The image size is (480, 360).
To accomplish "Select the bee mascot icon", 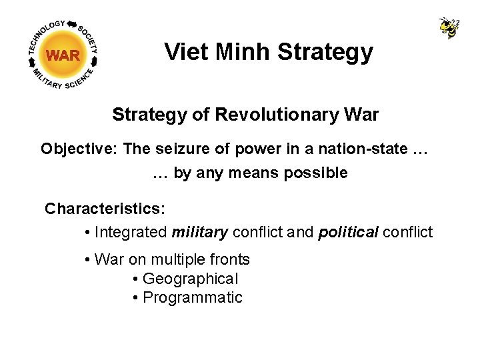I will [449, 27].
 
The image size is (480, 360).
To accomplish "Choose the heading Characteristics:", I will [105, 209].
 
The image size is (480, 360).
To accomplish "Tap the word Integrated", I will [131, 232].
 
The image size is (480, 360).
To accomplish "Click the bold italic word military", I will [200, 232].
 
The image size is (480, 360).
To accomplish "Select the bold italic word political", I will [348, 232].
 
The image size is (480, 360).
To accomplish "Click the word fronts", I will [229, 259].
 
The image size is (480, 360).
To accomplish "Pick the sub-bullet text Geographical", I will [190, 279].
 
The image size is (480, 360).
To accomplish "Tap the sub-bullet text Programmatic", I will [193, 297].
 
